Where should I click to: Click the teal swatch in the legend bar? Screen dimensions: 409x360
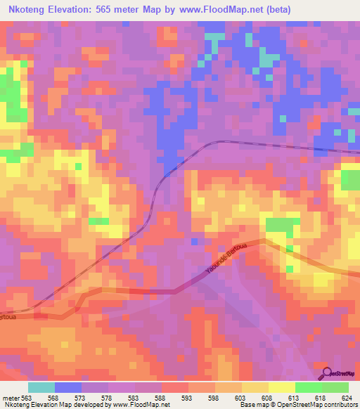tap(41, 387)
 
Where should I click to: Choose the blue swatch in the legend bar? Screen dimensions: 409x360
tap(68, 387)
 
